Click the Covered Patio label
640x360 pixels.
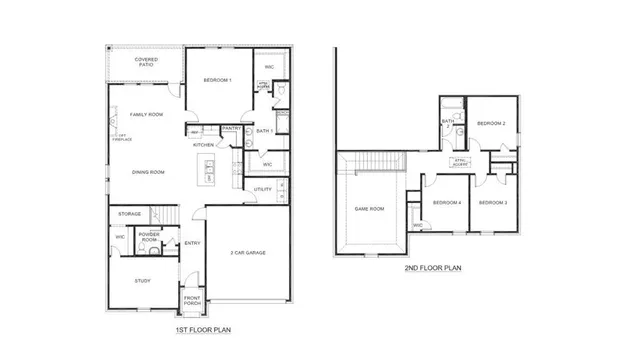pyautogui.click(x=146, y=63)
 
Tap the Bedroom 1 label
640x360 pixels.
pyautogui.click(x=217, y=80)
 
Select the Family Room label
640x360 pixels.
pyautogui.click(x=147, y=114)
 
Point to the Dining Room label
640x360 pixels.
pyautogui.click(x=148, y=172)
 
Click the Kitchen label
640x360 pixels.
pyautogui.click(x=203, y=145)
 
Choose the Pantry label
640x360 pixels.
pyautogui.click(x=231, y=128)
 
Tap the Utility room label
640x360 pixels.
pyautogui.click(x=263, y=189)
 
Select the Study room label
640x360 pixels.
pyautogui.click(x=142, y=281)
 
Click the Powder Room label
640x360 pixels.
pyautogui.click(x=149, y=238)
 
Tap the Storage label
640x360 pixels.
pyautogui.click(x=130, y=214)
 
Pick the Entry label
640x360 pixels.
pyautogui.click(x=192, y=242)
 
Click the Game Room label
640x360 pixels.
pyautogui.click(x=369, y=209)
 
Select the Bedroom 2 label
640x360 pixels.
pyautogui.click(x=489, y=123)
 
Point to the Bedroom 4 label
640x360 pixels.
pyautogui.click(x=446, y=203)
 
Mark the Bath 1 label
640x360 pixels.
pyautogui.click(x=264, y=131)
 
